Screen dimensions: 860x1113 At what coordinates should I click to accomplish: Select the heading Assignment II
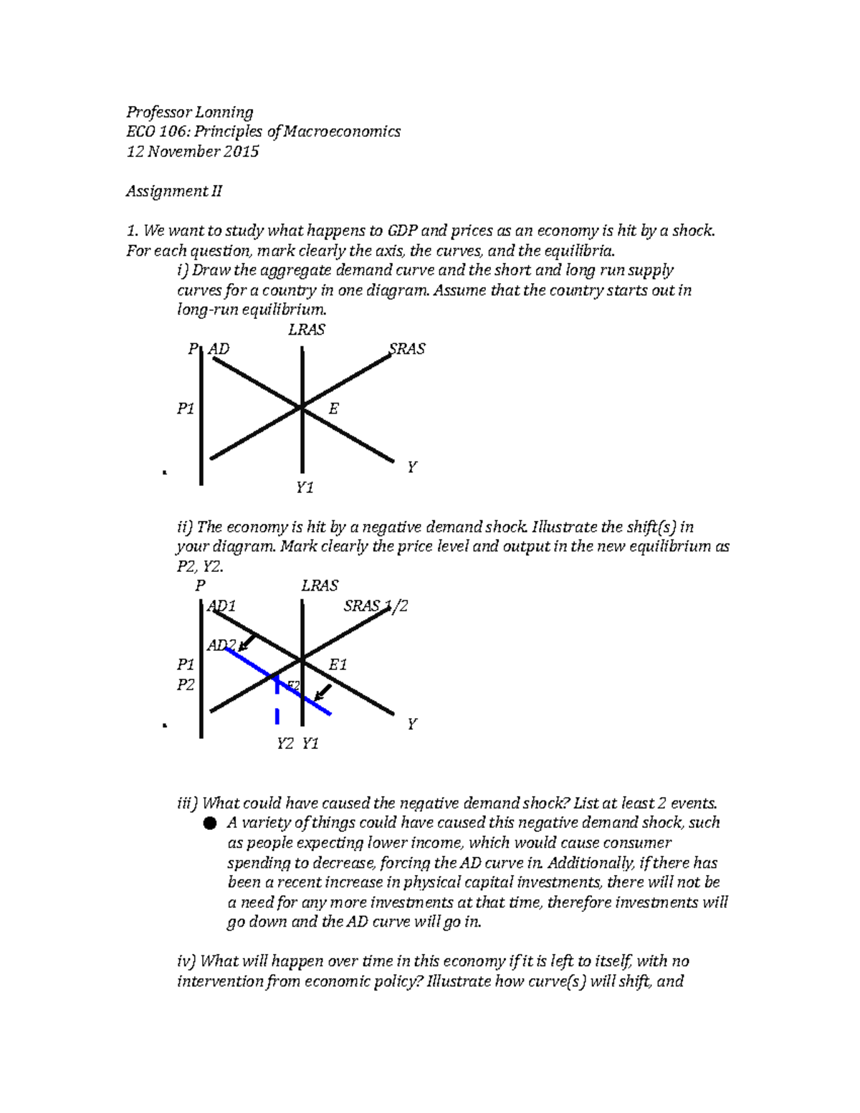coord(174,191)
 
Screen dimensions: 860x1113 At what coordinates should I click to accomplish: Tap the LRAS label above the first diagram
coord(307,330)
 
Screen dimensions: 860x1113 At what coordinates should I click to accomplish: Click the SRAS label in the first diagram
coord(407,349)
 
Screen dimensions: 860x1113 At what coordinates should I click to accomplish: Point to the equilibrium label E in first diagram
coord(333,409)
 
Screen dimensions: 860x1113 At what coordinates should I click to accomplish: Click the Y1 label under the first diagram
coord(305,488)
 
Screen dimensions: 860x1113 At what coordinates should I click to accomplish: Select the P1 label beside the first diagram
coord(186,409)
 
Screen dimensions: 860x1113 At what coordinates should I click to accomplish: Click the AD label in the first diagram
coord(219,349)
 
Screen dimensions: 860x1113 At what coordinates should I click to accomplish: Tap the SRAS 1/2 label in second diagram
coord(376,606)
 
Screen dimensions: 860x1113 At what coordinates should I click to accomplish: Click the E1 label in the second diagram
coord(337,665)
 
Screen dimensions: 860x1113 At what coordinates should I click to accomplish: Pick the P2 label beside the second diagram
coord(186,685)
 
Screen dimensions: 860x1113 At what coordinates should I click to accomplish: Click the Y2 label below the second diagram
coord(285,744)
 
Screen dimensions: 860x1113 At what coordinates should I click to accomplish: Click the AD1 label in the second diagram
coord(221,606)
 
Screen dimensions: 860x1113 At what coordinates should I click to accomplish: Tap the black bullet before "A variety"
coord(209,823)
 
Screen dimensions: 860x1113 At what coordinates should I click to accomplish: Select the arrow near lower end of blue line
coord(323,692)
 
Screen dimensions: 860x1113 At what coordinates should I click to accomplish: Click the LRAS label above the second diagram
coord(320,586)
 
